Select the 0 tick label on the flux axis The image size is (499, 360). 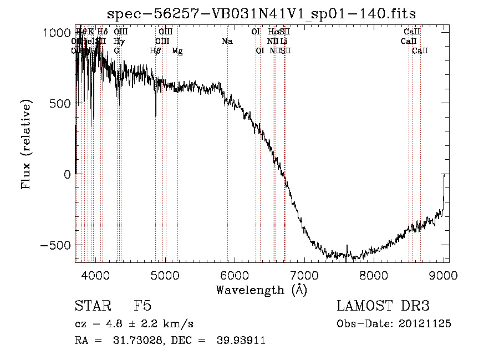(x=67, y=174)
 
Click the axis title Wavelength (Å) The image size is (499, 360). (x=261, y=290)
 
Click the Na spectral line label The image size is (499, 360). (x=227, y=42)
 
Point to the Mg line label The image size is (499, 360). (x=177, y=51)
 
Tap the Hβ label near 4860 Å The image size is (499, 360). (x=155, y=51)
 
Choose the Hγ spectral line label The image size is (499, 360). (x=119, y=42)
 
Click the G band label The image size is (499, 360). (x=117, y=51)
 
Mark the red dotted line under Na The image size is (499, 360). (x=227, y=166)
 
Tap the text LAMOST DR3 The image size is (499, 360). (x=383, y=307)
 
